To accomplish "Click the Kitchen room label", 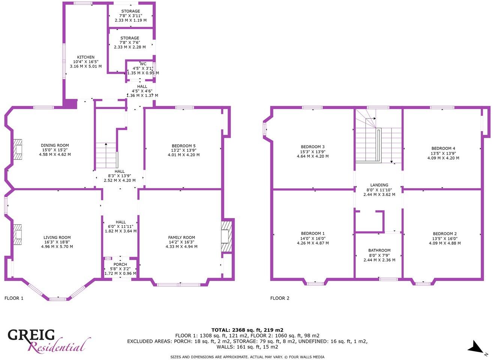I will pyautogui.click(x=86, y=57).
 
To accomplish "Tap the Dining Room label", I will pyautogui.click(x=55, y=145).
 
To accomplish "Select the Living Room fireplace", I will pyautogui.click(x=17, y=235).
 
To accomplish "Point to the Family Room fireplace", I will pyautogui.click(x=226, y=236).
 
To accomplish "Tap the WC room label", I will pyautogui.click(x=143, y=64).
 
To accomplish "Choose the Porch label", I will pyautogui.click(x=120, y=264).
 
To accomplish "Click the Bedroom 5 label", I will pyautogui.click(x=183, y=146).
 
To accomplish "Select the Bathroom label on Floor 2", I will pyautogui.click(x=379, y=250).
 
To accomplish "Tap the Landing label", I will pyautogui.click(x=379, y=185).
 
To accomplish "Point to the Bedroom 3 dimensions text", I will pyautogui.click(x=313, y=154).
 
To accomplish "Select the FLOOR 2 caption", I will pyautogui.click(x=280, y=299).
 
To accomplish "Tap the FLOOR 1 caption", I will pyautogui.click(x=14, y=299).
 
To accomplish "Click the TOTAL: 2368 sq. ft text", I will pyautogui.click(x=247, y=330).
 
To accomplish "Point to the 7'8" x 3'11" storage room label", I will pyautogui.click(x=130, y=16).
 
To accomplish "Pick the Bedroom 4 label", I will pyautogui.click(x=443, y=148).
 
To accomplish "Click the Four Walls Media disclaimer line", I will pyautogui.click(x=247, y=357).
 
